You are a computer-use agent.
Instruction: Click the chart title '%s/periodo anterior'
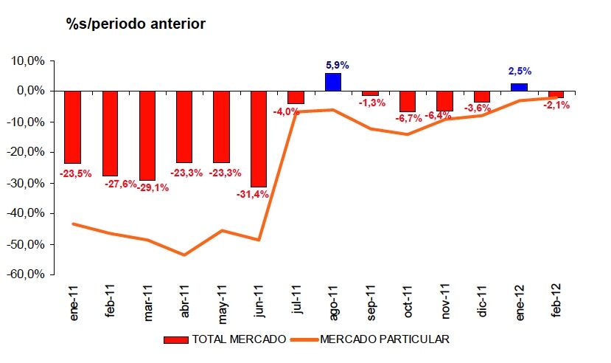click(136, 24)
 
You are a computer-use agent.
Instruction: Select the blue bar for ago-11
click(333, 82)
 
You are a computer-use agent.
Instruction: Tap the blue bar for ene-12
click(519, 87)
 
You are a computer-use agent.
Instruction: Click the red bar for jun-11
click(259, 139)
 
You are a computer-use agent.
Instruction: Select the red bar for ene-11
click(73, 127)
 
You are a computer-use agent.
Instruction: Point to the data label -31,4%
click(253, 195)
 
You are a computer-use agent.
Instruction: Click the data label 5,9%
click(333, 65)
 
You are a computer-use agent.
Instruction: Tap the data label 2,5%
click(519, 72)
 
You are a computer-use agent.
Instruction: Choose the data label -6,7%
click(408, 118)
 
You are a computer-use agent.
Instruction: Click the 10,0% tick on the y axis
click(31, 60)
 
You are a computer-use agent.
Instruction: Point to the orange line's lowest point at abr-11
click(184, 255)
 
